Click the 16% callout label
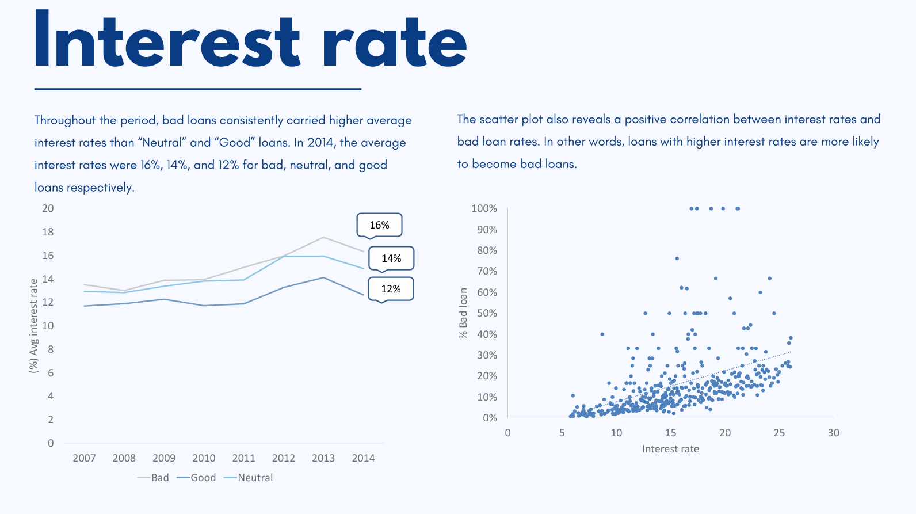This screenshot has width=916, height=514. point(379,225)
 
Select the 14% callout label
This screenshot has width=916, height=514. point(391,258)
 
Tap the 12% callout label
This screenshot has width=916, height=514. point(391,289)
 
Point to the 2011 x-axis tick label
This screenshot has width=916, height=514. point(243,458)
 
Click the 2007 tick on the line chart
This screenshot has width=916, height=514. point(84,458)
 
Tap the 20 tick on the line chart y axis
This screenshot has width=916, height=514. point(48,208)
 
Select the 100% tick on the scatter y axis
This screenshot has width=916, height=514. point(484,208)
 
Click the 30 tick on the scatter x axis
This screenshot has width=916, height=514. point(833,433)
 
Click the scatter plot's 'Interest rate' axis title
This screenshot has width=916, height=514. point(670,449)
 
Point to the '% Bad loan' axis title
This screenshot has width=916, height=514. point(463,313)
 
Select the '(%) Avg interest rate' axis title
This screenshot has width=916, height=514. point(34,326)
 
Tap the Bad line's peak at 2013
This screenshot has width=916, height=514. point(323,237)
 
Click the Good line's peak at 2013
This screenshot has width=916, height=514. point(323,277)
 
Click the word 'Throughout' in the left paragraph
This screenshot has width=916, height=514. point(64,120)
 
